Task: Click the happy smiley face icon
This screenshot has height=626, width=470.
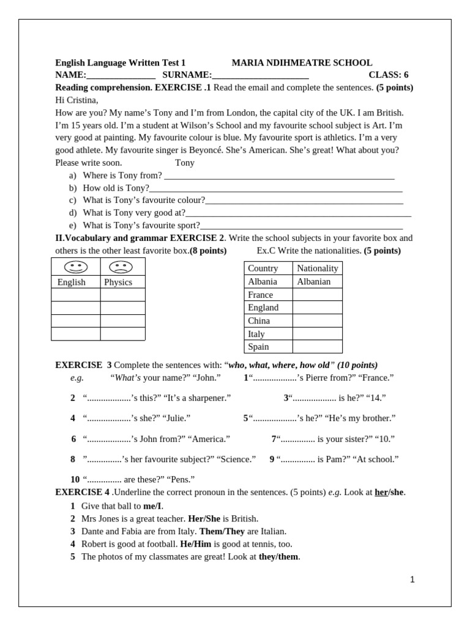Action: [76, 267]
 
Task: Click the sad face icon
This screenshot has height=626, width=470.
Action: [121, 267]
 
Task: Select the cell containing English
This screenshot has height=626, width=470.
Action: [72, 282]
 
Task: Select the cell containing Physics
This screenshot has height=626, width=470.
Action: [118, 282]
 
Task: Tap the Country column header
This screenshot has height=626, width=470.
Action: [263, 268]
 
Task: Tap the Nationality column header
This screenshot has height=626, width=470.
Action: [317, 268]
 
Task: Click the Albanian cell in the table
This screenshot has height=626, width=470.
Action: [313, 281]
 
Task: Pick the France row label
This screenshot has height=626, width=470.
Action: [261, 295]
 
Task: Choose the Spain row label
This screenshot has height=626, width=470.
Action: [258, 347]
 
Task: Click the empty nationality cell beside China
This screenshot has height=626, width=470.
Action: [317, 320]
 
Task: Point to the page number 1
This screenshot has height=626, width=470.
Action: [412, 580]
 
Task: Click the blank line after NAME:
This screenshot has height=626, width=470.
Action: [121, 76]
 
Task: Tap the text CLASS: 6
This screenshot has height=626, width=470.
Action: [388, 75]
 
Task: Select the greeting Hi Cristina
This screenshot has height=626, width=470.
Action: [76, 100]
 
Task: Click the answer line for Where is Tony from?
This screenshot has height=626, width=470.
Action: [279, 176]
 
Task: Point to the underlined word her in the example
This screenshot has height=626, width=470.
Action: [381, 492]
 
